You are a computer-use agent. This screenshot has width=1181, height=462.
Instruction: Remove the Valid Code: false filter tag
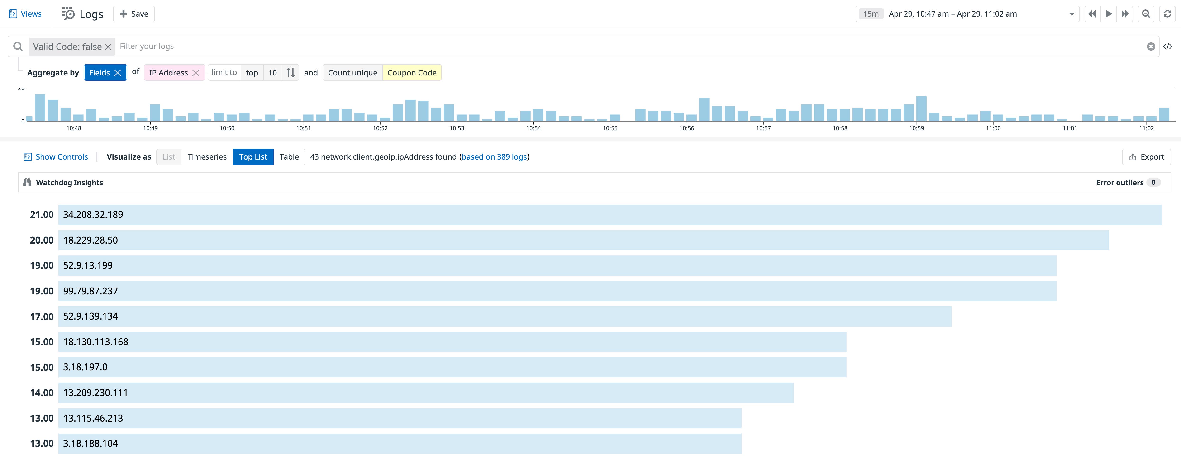click(108, 47)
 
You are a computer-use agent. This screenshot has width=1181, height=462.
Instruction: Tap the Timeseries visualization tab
click(207, 157)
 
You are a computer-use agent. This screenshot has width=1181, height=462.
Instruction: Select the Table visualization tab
click(289, 157)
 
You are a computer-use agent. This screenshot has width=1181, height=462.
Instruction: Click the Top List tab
click(252, 157)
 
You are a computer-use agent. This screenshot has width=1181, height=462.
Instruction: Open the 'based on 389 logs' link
click(494, 157)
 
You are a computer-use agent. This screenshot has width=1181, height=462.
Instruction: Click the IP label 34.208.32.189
click(93, 215)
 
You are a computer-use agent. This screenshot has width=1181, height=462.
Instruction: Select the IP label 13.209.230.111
click(95, 393)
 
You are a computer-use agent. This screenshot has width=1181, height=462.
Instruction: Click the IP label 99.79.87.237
click(90, 291)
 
